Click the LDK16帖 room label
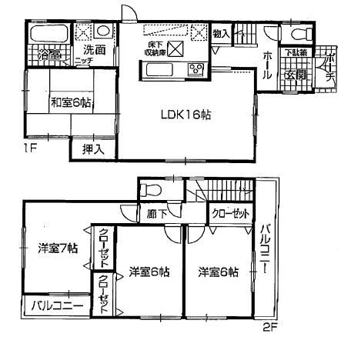pos(186,114)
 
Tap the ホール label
pos(266,61)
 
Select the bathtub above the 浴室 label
pos(48,36)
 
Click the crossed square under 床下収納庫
pos(175,50)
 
